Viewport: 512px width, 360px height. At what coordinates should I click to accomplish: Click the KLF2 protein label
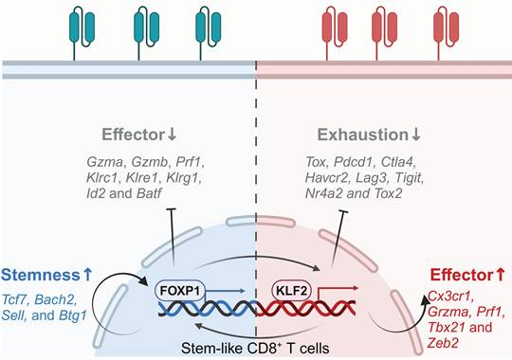tap(292, 290)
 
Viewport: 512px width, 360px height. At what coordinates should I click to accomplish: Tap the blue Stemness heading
tap(46, 275)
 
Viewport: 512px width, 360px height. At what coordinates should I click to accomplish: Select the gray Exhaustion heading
tap(369, 135)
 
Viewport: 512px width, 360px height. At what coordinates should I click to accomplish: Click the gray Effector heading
tap(139, 135)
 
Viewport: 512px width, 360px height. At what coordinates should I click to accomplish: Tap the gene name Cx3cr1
tap(450, 297)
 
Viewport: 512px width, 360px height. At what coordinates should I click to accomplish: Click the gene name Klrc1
tap(104, 178)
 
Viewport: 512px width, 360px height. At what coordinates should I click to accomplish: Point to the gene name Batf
tap(149, 193)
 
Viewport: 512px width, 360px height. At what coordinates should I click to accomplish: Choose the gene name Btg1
tap(73, 315)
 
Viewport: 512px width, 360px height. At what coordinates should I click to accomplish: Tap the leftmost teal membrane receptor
tap(82, 33)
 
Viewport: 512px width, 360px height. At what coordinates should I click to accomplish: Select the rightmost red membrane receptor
tap(446, 33)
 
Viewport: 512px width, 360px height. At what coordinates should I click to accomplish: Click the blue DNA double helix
tap(208, 308)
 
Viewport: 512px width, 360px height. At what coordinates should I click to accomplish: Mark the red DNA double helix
tap(306, 308)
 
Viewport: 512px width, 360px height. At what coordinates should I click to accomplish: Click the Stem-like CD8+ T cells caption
tap(255, 349)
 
